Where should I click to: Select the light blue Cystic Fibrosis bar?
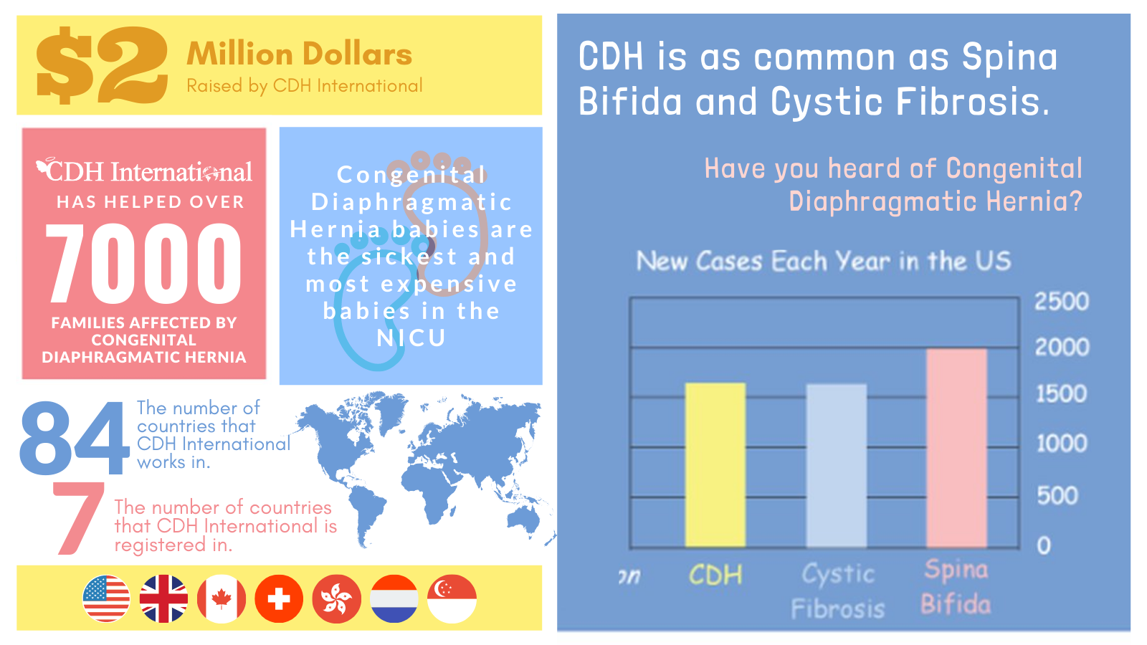[836, 466]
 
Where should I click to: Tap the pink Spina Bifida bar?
[956, 448]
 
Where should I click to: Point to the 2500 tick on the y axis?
[1061, 302]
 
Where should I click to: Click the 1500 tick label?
[1061, 394]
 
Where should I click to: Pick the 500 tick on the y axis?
[1057, 496]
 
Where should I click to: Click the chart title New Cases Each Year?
[823, 262]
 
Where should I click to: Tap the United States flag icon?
[107, 598]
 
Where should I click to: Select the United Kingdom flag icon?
[163, 598]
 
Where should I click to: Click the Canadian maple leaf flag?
[222, 598]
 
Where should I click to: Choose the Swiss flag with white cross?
[279, 598]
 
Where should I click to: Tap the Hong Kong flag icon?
[336, 598]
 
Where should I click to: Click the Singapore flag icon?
[452, 598]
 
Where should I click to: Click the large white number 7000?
[144, 263]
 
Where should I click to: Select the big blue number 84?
[74, 439]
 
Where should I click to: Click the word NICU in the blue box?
[411, 338]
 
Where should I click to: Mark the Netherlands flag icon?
[394, 598]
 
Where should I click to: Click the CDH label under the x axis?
[715, 575]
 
